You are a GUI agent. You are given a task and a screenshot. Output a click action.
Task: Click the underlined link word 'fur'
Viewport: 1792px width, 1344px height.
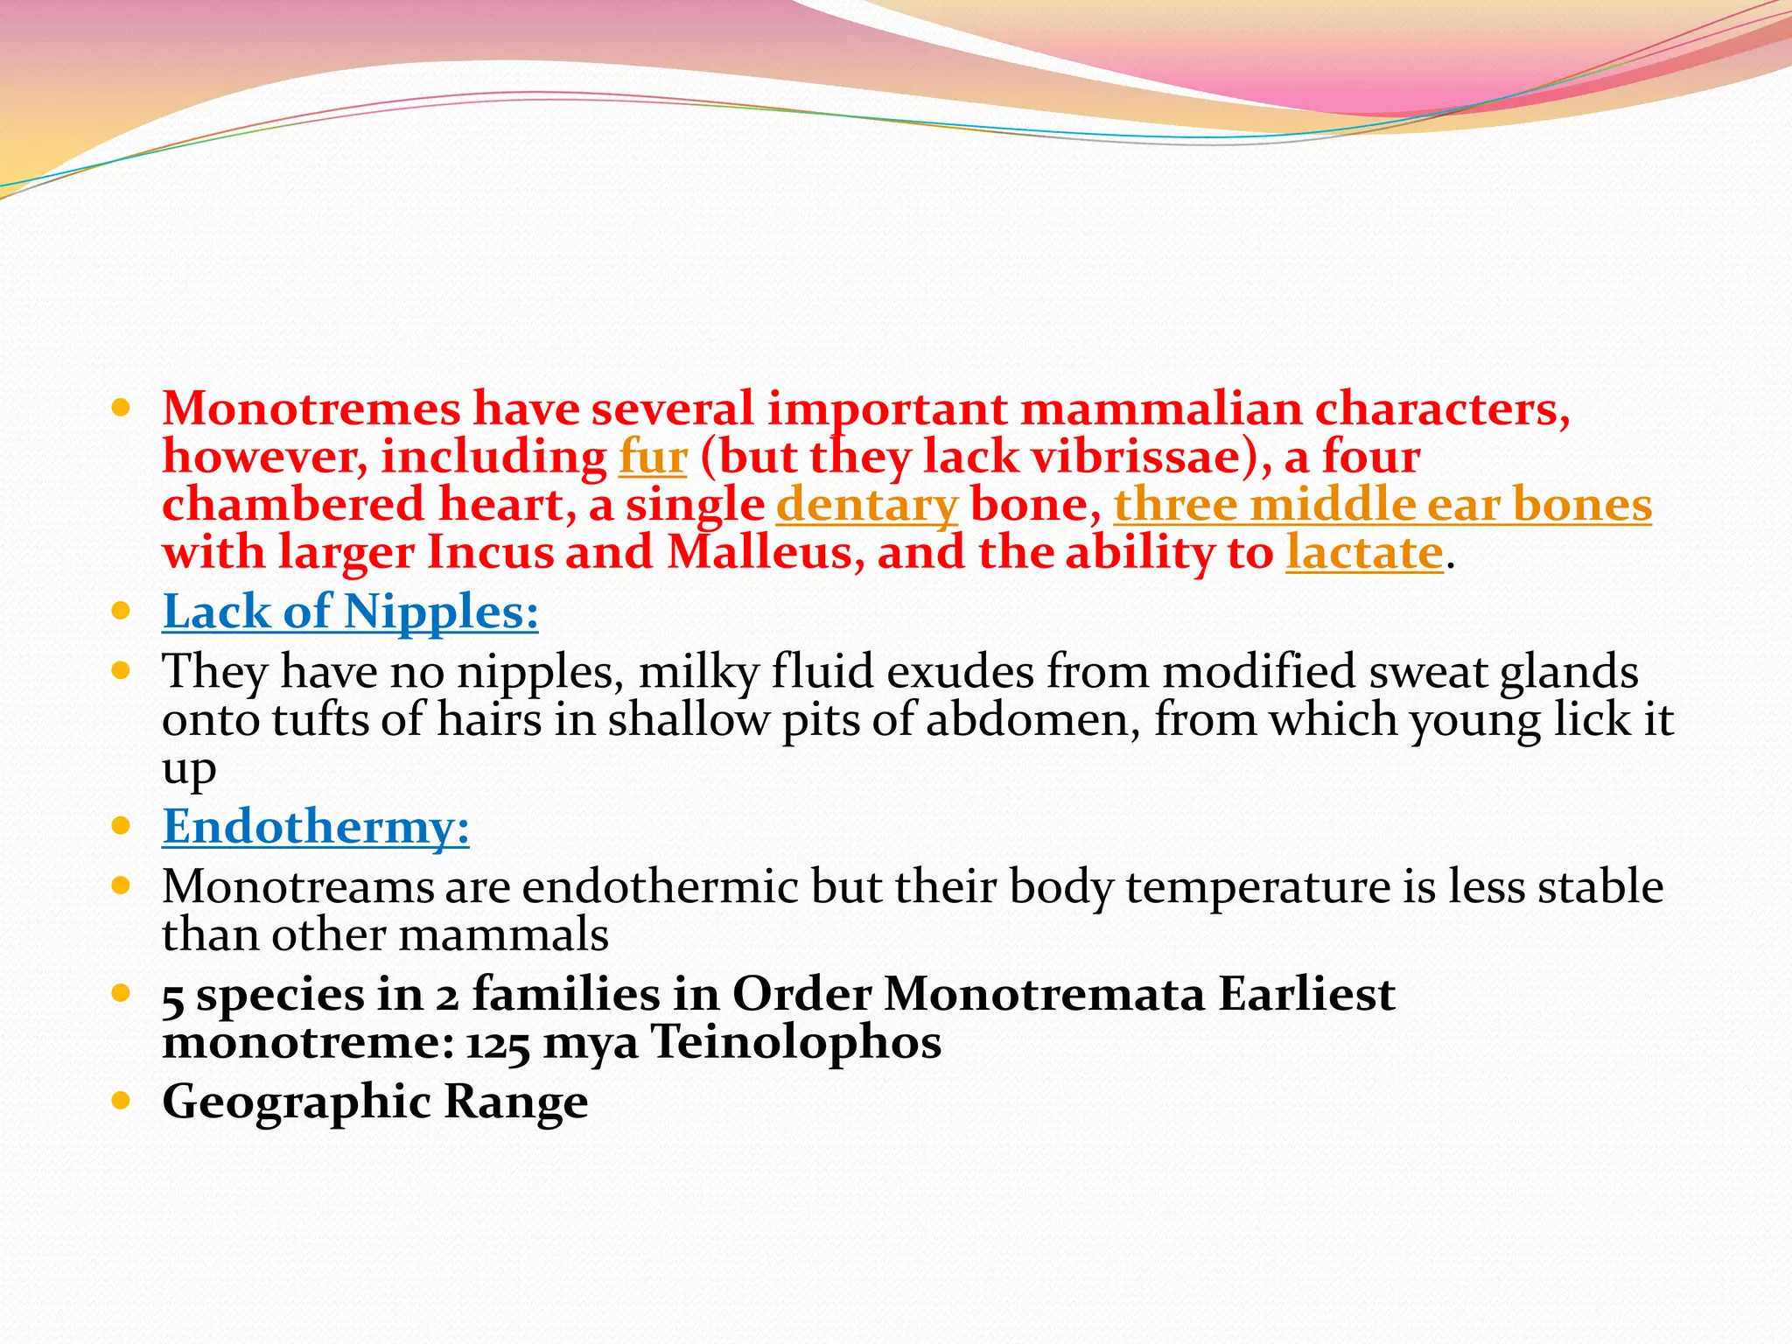653,458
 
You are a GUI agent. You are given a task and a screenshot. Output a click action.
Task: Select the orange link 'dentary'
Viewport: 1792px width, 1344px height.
867,506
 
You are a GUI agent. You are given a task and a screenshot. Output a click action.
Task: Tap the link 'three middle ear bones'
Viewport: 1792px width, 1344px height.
1382,506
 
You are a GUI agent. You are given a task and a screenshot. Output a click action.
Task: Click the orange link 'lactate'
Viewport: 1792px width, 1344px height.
1363,554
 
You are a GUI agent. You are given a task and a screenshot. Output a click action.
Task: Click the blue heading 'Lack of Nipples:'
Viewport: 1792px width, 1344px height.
350,612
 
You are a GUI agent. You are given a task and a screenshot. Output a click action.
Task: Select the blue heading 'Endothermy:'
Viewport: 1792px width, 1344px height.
316,827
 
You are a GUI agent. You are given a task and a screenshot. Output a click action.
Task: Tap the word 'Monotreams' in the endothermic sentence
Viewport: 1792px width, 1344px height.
297,887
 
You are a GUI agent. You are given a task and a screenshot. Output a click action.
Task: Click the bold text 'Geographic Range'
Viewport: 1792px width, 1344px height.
374,1102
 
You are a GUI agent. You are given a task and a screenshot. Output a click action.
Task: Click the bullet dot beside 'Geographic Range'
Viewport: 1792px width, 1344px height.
122,1100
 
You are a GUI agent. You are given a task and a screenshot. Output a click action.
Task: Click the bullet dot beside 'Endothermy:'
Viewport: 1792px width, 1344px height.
122,825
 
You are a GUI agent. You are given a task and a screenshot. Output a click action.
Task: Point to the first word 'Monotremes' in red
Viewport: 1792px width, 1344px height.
311,409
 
